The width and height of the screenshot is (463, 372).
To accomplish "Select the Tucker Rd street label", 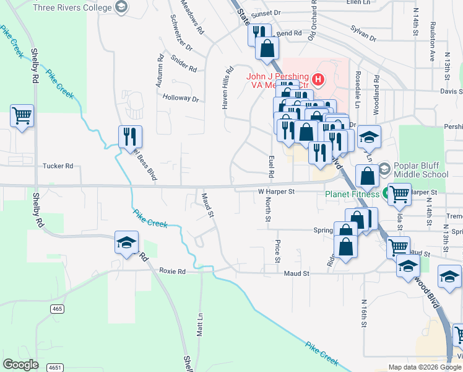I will pyautogui.click(x=58, y=166).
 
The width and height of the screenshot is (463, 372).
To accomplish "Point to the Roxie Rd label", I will pyautogui.click(x=172, y=272).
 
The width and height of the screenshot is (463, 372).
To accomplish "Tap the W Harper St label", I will pyautogui.click(x=275, y=192).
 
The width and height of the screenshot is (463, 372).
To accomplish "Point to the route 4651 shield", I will pyautogui.click(x=55, y=367).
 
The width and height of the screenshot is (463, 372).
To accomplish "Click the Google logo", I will pyautogui.click(x=20, y=365).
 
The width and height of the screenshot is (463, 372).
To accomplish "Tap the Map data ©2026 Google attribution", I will pyautogui.click(x=424, y=367).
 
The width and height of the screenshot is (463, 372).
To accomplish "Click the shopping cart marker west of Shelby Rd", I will pyautogui.click(x=22, y=115).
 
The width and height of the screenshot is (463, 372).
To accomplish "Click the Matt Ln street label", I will pyautogui.click(x=199, y=325).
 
